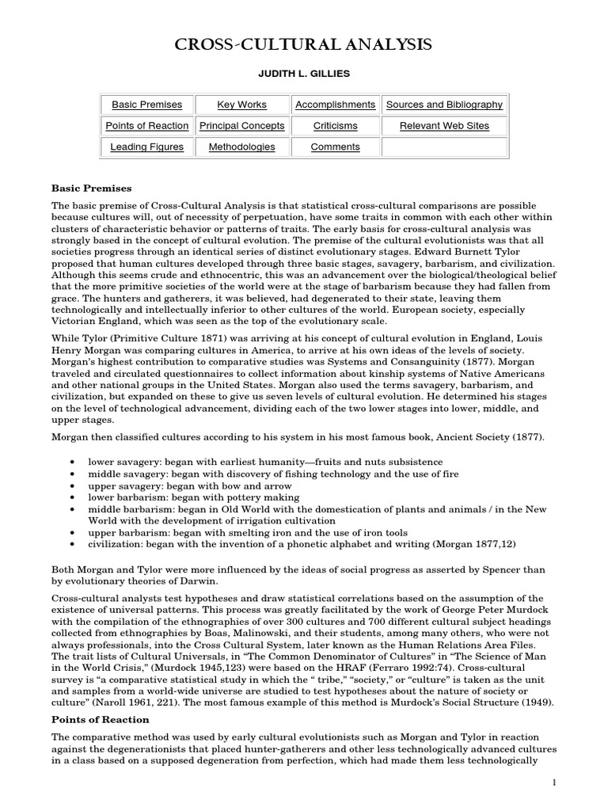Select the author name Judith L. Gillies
(x=303, y=74)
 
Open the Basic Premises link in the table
(x=146, y=105)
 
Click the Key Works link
(x=241, y=105)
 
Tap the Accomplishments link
(x=335, y=105)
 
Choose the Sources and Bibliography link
(x=444, y=105)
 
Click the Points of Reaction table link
(x=146, y=126)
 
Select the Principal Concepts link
(x=241, y=126)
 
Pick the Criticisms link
(x=335, y=126)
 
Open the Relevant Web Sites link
(x=444, y=126)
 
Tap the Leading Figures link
(x=146, y=147)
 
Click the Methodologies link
(x=241, y=147)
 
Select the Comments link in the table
(x=335, y=147)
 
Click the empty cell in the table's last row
(x=444, y=147)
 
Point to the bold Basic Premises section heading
(x=92, y=188)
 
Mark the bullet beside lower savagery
(x=74, y=462)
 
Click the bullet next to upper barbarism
(x=74, y=534)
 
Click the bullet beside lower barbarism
(x=74, y=497)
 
